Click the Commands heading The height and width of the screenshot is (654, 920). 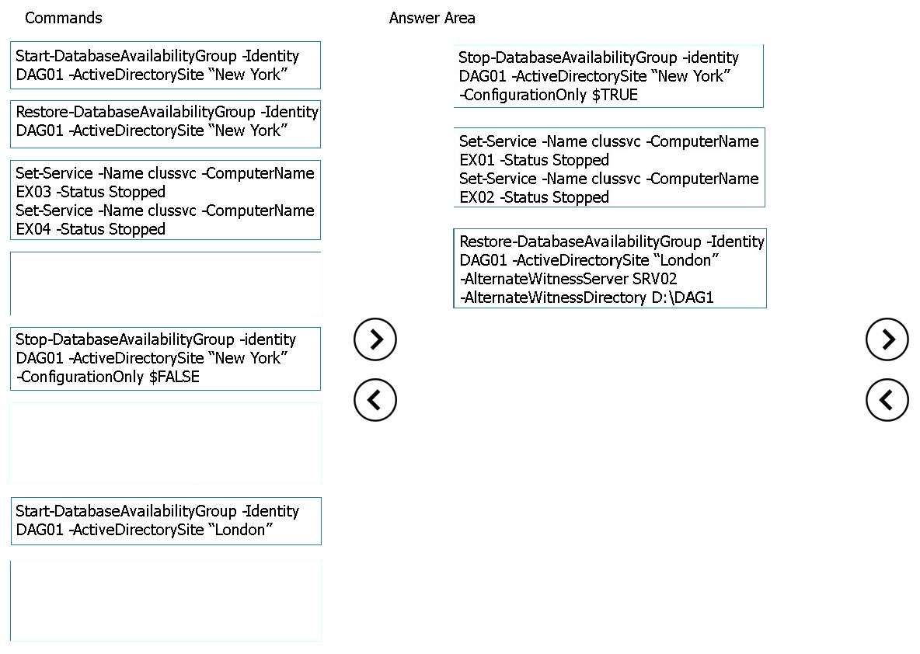(x=64, y=18)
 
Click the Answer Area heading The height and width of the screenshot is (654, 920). (x=432, y=18)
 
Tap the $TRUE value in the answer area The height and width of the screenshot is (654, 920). (x=615, y=95)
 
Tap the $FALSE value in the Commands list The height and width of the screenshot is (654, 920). (x=174, y=377)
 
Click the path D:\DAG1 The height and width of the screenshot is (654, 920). (x=683, y=297)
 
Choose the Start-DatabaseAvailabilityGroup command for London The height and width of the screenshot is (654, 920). (x=166, y=521)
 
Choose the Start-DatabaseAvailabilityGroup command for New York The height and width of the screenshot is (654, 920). (x=166, y=65)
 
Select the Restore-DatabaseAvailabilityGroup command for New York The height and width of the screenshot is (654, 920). (x=166, y=124)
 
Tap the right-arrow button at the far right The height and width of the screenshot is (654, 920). (x=887, y=339)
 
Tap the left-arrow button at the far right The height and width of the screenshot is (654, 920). (x=887, y=400)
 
